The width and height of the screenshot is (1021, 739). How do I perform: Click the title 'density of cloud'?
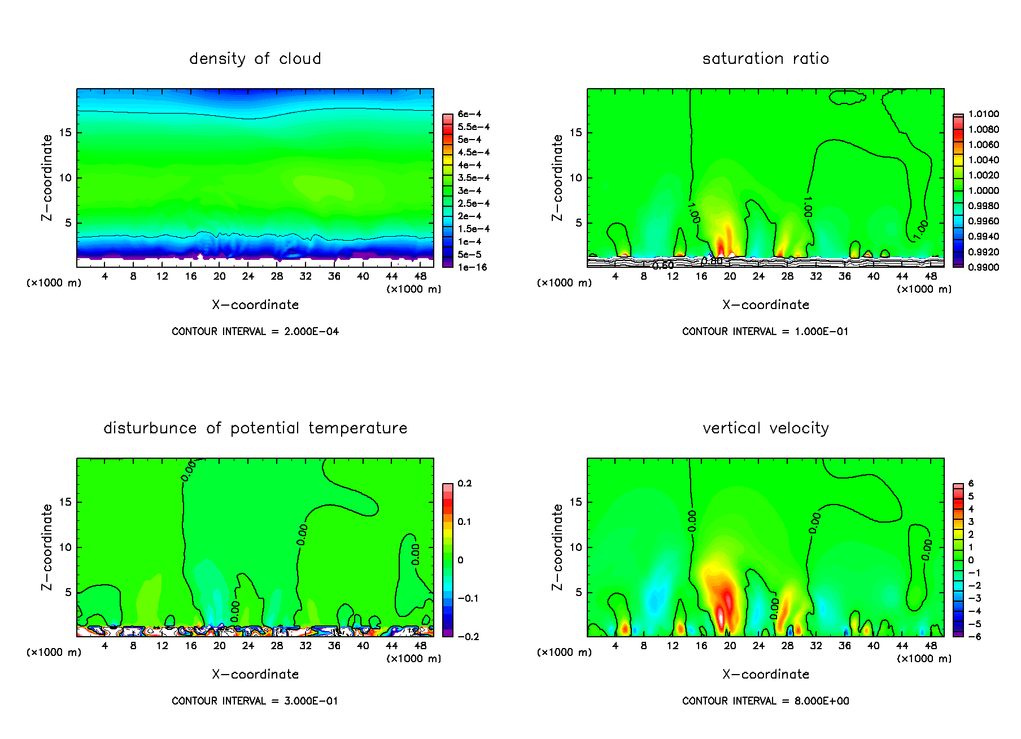[x=255, y=59]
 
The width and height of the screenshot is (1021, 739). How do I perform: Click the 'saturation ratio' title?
[x=765, y=59]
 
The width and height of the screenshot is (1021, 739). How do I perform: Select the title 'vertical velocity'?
[x=765, y=428]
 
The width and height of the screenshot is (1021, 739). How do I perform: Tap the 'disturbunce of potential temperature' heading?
[x=255, y=428]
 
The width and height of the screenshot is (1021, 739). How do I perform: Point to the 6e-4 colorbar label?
[x=469, y=114]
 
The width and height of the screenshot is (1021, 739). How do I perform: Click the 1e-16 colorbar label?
[x=472, y=267]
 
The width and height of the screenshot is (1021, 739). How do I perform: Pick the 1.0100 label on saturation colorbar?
[x=983, y=114]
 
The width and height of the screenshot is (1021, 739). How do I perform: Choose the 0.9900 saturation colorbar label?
[x=983, y=267]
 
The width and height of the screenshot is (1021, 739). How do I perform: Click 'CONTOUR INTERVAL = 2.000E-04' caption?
[x=255, y=332]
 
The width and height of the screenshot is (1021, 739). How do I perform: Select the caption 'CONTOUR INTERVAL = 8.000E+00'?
[x=765, y=701]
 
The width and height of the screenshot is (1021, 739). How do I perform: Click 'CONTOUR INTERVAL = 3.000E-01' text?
[x=255, y=701]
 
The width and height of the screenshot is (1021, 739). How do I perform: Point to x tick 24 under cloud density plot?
[x=248, y=276]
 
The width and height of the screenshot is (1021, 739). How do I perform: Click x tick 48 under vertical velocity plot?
[x=931, y=646]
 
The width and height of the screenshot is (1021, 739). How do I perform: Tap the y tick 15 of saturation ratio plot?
[x=575, y=133]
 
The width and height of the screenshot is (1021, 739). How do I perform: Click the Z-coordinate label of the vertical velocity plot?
[x=557, y=547]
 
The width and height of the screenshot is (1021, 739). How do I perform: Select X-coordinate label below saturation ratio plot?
[x=765, y=305]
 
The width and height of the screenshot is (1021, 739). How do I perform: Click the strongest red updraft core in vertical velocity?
[x=722, y=616]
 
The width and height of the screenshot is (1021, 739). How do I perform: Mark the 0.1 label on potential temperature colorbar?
[x=464, y=521]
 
